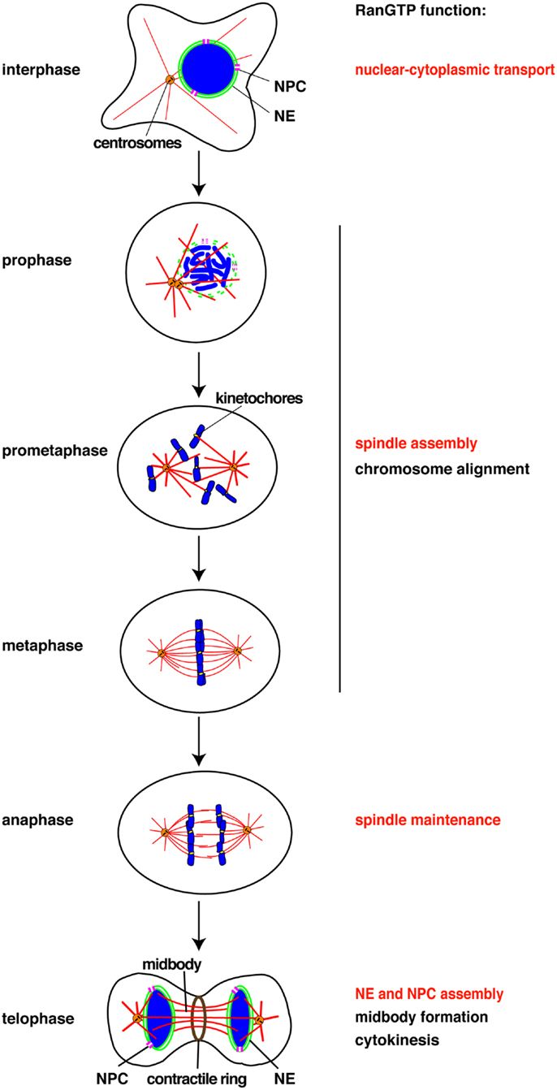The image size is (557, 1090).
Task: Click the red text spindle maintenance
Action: pos(427,820)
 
